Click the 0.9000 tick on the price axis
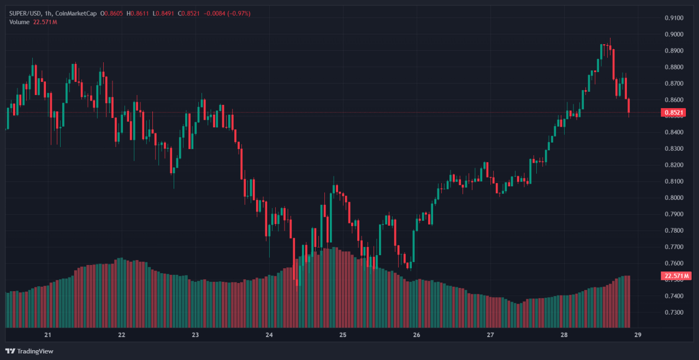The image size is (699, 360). click(x=674, y=34)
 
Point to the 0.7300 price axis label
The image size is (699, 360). click(x=674, y=312)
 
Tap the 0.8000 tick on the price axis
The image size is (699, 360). click(x=674, y=198)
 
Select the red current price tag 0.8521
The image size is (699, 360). click(x=673, y=113)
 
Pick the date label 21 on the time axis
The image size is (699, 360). click(x=48, y=335)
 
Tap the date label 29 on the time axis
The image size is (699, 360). click(x=638, y=335)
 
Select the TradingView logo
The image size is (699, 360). click(x=29, y=351)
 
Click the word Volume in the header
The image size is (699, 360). click(x=20, y=22)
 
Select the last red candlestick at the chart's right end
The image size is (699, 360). click(x=629, y=106)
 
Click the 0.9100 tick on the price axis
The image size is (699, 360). click(x=674, y=18)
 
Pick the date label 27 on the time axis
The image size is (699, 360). click(x=490, y=335)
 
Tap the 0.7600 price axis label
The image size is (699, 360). click(x=674, y=263)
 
